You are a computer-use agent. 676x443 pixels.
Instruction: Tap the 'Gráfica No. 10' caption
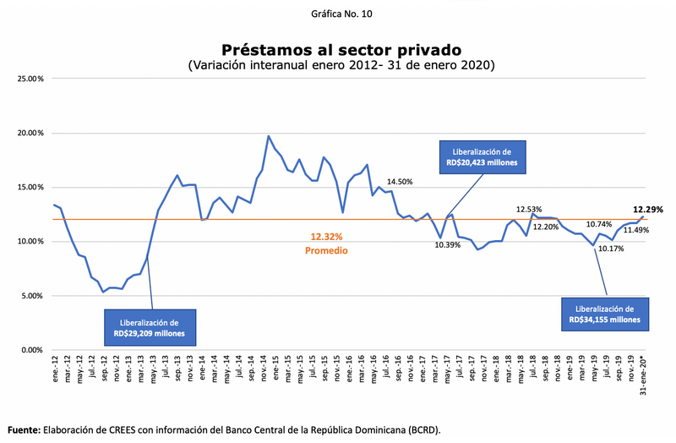click(341, 14)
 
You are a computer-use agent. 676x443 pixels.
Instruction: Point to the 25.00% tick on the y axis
click(30, 79)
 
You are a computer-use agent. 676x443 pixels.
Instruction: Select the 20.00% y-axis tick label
click(30, 133)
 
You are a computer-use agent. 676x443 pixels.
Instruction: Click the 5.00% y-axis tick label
click(32, 296)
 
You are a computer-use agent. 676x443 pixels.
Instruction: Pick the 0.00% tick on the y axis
click(32, 350)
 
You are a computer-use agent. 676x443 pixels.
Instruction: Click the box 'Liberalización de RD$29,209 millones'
click(150, 328)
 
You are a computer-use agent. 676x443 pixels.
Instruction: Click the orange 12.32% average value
click(325, 238)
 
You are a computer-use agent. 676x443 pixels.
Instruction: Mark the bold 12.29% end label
click(647, 209)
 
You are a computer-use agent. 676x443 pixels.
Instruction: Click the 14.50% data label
click(400, 182)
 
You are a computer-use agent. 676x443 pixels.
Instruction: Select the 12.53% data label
click(529, 209)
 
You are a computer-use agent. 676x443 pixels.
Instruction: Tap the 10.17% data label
click(610, 249)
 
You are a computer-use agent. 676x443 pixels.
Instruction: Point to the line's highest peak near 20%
click(269, 136)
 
